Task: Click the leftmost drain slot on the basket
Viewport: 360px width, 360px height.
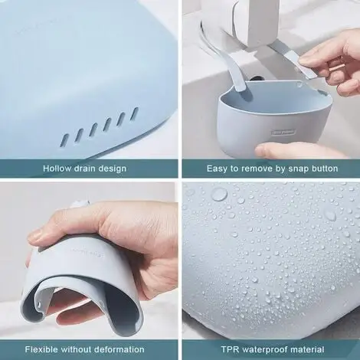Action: (x=64, y=138)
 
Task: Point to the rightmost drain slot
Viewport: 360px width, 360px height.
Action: (x=134, y=113)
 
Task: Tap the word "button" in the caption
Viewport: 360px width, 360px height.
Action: (x=326, y=168)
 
